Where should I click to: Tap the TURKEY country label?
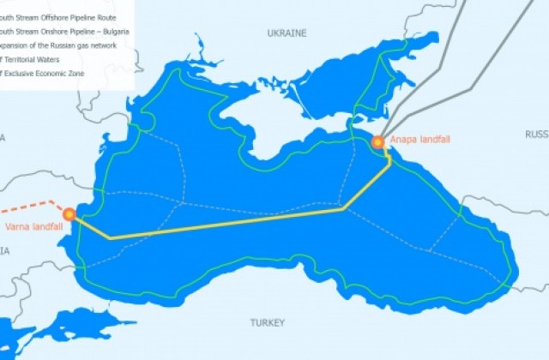pos(266,323)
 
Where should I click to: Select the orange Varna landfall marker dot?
pos(69,214)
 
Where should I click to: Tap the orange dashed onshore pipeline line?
pos(30,207)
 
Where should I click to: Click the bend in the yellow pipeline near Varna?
pos(111,237)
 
